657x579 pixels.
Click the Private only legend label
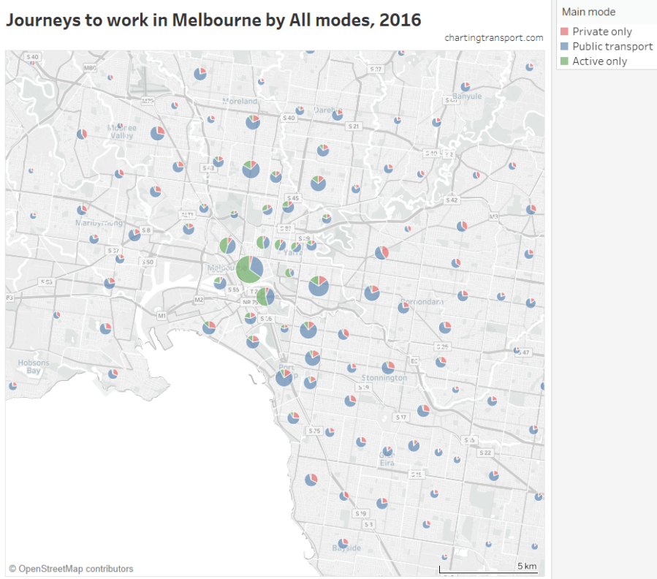point(601,31)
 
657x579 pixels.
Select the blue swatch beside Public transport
point(563,46)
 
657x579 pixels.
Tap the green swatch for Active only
point(563,61)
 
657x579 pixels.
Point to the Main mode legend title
point(588,12)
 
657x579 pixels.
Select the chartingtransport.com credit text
point(493,37)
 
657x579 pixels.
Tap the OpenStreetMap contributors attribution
point(71,568)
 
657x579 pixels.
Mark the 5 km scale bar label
point(527,566)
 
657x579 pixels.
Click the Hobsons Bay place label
point(34,367)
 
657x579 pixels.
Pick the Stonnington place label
point(384,378)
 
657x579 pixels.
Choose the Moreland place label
point(240,101)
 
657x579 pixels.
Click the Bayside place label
point(346,548)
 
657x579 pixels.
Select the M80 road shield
point(90,68)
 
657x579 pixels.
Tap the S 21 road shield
point(354,126)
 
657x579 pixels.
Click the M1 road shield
point(162,316)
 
